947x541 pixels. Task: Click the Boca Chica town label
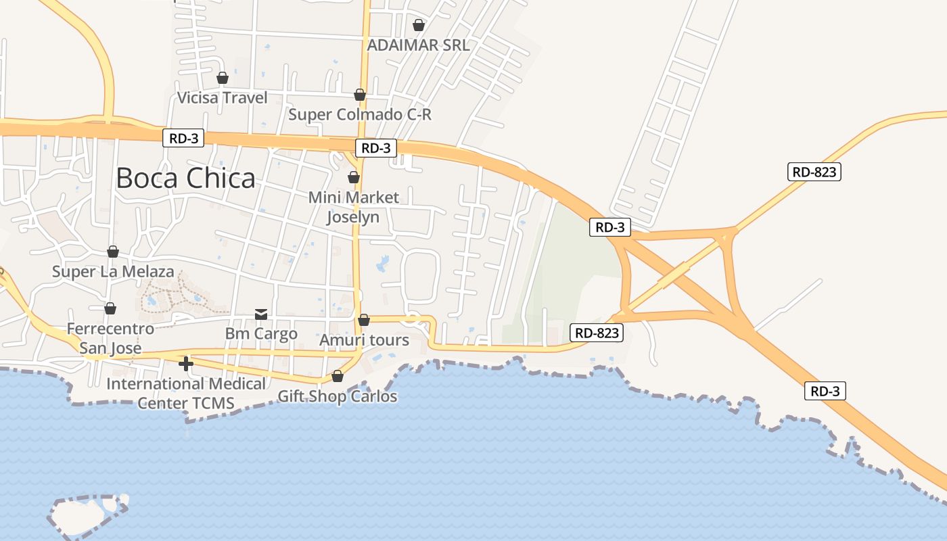[186, 178]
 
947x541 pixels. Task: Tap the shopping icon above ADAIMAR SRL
[419, 26]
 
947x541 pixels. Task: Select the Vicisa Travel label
[222, 98]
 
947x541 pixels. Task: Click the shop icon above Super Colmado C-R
[360, 95]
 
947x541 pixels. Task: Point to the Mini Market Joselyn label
[354, 207]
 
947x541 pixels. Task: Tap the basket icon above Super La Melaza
[113, 252]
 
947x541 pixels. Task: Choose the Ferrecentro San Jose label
[110, 339]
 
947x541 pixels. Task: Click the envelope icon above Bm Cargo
[261, 314]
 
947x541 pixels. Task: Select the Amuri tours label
[364, 340]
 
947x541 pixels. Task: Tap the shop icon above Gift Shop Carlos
[338, 376]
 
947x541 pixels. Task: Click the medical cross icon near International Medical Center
[186, 364]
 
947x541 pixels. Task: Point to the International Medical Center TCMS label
[186, 394]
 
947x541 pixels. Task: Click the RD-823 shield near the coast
[596, 333]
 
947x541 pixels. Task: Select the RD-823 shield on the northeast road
[814, 172]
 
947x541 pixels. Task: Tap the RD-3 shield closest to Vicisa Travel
[183, 138]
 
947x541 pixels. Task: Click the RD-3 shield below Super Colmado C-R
[376, 148]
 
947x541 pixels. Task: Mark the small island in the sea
[86, 515]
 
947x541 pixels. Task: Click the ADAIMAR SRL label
[418, 45]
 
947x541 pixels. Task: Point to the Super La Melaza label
[113, 272]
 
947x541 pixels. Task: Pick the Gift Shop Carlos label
[338, 396]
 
